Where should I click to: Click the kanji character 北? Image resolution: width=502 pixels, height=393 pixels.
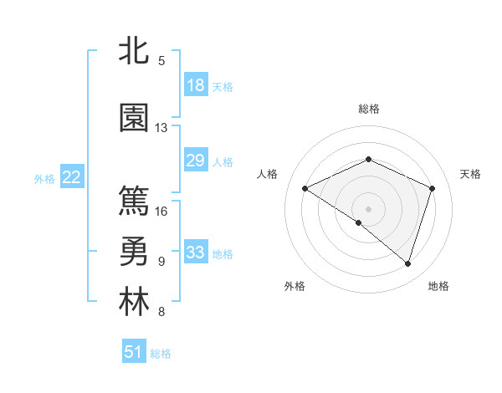point(134,52)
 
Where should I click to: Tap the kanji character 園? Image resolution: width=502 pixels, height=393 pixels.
point(134,118)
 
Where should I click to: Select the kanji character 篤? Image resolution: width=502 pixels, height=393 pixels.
point(134,201)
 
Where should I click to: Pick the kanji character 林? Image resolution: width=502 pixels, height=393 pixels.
point(134,302)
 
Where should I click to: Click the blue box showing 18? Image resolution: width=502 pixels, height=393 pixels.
point(196,85)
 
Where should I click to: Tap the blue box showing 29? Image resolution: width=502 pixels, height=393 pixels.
point(196,161)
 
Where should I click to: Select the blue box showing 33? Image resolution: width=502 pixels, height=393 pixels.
point(196,253)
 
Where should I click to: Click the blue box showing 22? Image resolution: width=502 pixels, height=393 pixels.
point(72,177)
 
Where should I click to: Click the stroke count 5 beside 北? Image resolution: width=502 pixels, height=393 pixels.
point(161,61)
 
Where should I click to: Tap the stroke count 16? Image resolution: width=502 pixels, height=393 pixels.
point(161,211)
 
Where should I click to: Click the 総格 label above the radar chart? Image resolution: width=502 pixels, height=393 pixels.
point(368,109)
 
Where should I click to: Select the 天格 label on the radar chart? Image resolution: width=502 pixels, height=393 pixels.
point(470,174)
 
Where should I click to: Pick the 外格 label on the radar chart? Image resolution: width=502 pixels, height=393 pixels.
point(295,286)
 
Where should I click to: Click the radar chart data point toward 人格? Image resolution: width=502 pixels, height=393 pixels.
point(305,189)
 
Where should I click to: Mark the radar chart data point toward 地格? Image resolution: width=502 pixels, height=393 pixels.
point(407,264)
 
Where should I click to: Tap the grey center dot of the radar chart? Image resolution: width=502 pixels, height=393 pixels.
point(368,208)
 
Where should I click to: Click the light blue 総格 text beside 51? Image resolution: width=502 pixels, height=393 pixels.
point(161,354)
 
